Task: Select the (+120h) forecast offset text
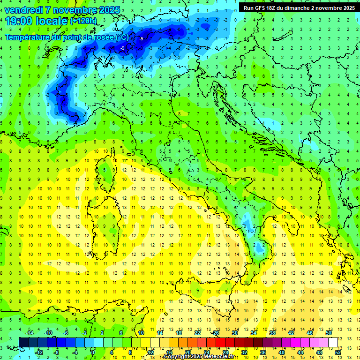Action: (x=83, y=21)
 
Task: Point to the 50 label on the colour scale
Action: (x=329, y=333)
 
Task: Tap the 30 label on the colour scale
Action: (x=235, y=333)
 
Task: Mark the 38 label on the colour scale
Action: (x=272, y=333)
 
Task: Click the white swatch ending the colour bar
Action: (x=333, y=342)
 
